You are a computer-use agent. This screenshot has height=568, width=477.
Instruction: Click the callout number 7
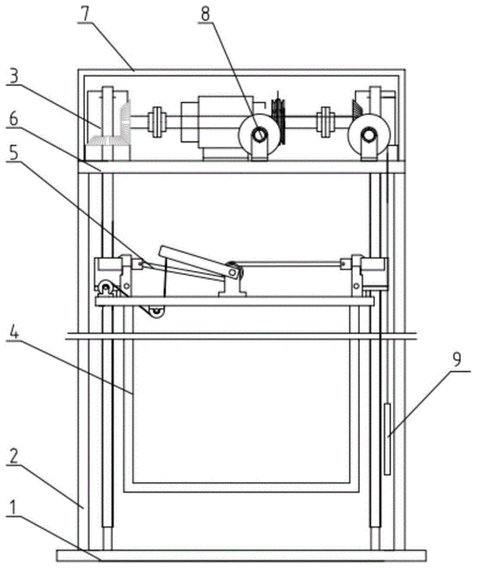point(84,13)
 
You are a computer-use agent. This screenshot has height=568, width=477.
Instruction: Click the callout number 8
point(205,13)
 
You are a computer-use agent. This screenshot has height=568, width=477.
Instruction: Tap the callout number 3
point(12,75)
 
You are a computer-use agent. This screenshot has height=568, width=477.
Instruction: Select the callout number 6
point(13,118)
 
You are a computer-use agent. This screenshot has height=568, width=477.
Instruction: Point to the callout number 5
point(13,153)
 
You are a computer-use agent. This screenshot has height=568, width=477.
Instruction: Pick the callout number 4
point(13,332)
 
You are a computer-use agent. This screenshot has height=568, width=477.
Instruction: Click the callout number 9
point(457,360)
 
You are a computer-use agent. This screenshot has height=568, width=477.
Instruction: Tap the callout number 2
point(13,457)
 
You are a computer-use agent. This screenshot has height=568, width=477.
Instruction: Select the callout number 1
point(13,508)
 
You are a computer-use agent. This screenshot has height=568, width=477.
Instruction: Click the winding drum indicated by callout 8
point(259,135)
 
